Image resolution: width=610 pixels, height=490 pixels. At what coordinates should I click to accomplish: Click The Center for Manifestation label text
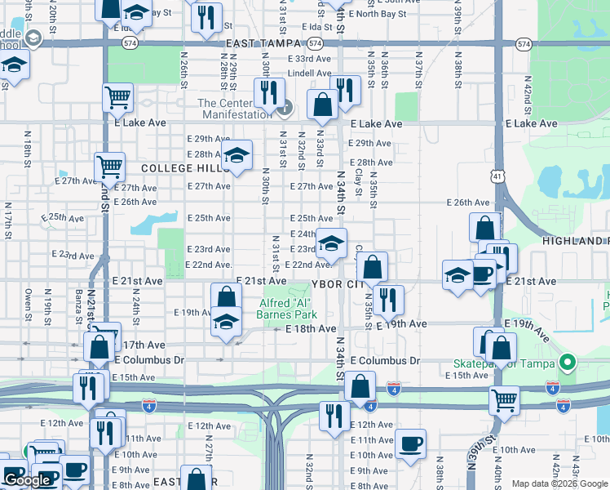tap(235, 109)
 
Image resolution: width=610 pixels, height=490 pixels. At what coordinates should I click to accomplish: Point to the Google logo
tap(27, 480)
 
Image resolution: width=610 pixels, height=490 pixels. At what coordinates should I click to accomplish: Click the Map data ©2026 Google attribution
tap(560, 483)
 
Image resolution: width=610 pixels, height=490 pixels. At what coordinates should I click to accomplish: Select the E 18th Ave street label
tap(311, 328)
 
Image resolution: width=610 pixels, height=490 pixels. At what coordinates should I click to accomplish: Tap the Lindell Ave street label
tap(309, 73)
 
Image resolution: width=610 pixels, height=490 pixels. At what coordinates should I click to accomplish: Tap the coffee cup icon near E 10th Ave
tap(410, 444)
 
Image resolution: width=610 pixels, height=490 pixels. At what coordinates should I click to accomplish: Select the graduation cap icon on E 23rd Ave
tap(331, 243)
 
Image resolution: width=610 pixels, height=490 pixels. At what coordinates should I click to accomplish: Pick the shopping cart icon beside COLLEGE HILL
tap(109, 167)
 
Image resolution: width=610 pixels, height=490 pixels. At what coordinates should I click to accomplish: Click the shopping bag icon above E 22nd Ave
tap(372, 266)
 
